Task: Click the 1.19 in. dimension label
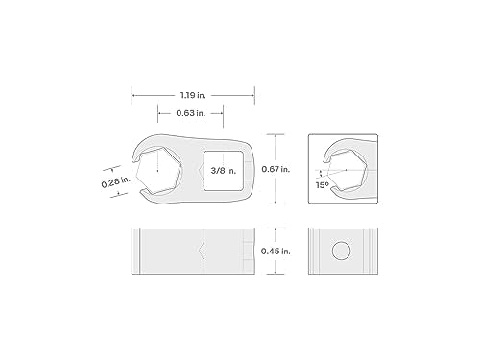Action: pos(193,95)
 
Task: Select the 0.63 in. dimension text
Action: pos(191,113)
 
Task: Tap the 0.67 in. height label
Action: pos(276,169)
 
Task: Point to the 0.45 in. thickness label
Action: pos(276,252)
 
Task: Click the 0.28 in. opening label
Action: pos(116,181)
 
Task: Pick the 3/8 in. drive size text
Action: pos(224,171)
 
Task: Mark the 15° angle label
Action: pos(323,185)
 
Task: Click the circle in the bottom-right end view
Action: pos(341,251)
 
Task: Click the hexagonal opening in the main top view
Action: pos(159,171)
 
